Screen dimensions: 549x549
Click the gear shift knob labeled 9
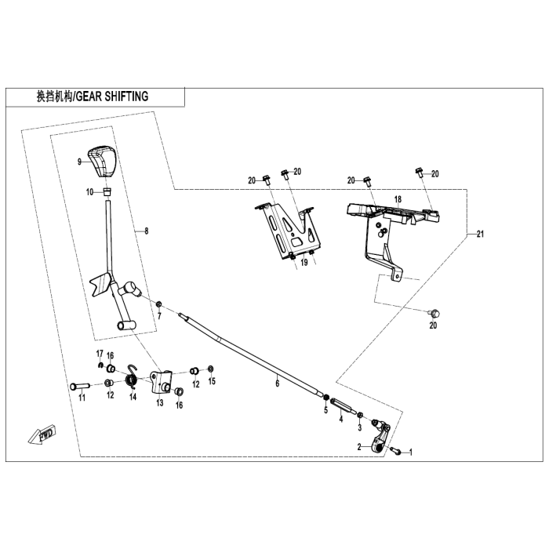tap(100, 161)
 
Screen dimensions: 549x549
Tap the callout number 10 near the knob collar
tap(89, 191)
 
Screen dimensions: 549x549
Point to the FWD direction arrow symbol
tap(42, 434)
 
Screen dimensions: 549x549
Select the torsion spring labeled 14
tap(133, 381)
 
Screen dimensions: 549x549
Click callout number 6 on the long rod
tap(276, 384)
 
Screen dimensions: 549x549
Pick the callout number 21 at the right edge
tap(480, 235)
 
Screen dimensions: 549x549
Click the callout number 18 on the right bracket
tap(398, 200)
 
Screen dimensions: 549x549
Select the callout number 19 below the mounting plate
tap(303, 265)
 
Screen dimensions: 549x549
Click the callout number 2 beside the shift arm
tap(360, 446)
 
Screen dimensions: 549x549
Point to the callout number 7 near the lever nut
tap(159, 315)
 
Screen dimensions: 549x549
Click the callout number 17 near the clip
tap(100, 352)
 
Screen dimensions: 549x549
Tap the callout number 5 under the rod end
tap(325, 410)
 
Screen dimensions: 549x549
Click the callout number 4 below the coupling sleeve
tap(341, 419)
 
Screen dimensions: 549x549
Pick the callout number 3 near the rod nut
tap(360, 428)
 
